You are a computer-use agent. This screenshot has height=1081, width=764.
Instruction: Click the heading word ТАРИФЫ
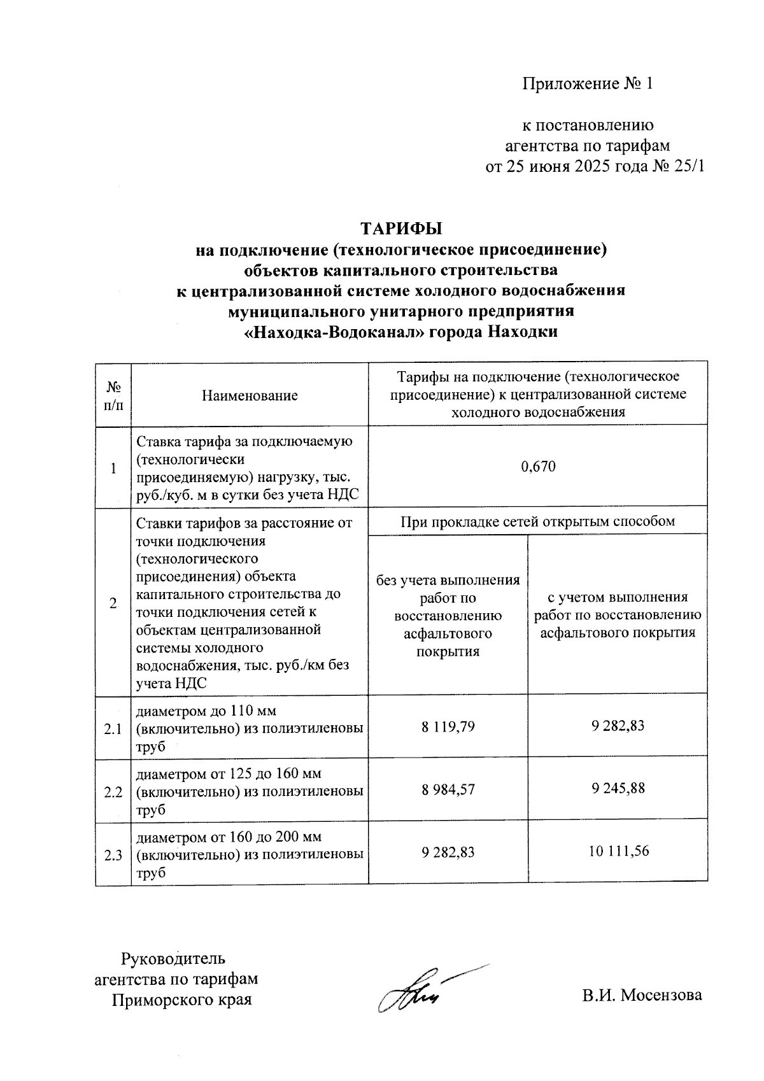coord(401,228)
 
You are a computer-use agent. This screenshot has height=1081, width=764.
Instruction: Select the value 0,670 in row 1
coord(538,467)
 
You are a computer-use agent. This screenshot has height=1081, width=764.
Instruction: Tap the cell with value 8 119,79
coord(448,726)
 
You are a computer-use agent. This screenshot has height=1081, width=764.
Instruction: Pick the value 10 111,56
coord(618,851)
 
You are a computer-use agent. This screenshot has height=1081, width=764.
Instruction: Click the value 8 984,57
coord(448,789)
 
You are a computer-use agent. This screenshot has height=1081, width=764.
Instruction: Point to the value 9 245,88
coord(618,788)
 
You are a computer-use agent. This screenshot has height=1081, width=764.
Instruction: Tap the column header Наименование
coord(250,395)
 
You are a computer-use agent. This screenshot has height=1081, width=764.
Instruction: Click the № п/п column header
coord(113,395)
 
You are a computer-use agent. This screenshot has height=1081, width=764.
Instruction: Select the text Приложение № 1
coord(588,84)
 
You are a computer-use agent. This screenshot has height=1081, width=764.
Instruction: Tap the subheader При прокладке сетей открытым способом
coord(537,522)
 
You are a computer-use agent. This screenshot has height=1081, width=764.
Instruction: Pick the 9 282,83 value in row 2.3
coord(448,852)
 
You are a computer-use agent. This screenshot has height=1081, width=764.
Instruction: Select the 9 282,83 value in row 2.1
coord(618,726)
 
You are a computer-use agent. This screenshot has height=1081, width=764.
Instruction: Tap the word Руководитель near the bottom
coord(173,958)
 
